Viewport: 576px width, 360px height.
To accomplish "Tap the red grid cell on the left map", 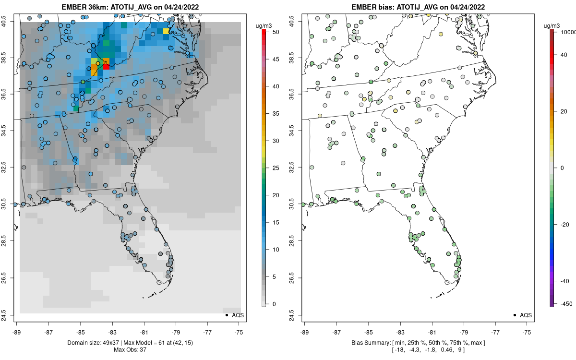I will (x=106, y=67).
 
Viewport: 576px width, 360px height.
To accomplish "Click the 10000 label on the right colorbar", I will (x=568, y=32).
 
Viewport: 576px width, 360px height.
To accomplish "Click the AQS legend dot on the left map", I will (x=226, y=315).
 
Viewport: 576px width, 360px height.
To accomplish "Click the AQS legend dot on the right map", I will (x=514, y=315).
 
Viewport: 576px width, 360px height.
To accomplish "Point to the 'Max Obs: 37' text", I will (x=130, y=349).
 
